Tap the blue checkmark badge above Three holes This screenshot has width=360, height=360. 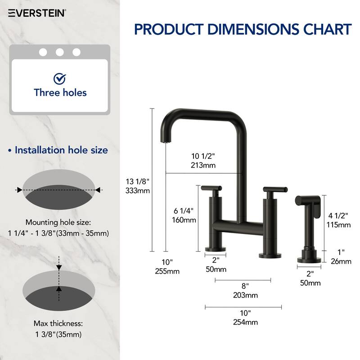59,79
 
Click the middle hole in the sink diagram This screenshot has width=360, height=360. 59,52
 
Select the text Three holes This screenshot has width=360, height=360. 60,93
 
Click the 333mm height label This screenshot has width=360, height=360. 138,190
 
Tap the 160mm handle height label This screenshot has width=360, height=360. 184,220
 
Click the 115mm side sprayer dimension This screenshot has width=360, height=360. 338,225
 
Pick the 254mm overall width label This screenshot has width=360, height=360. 246,322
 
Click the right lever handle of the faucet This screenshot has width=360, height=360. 271,189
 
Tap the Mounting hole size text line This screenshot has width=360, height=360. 58,222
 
